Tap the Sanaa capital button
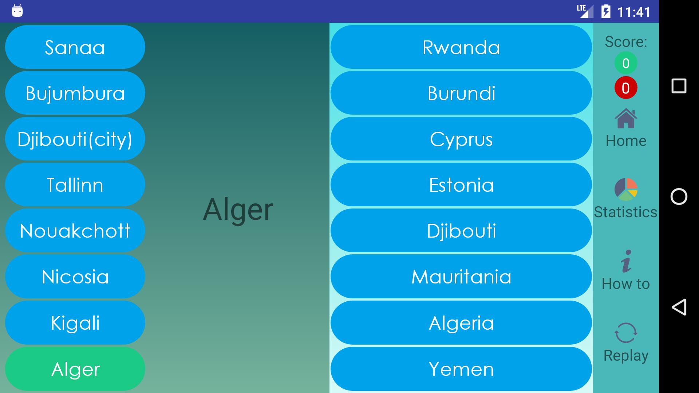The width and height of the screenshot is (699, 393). pos(75,47)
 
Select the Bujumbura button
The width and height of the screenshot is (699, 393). pos(75,93)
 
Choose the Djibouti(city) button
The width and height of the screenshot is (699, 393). pos(75,139)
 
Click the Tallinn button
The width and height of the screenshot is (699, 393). pos(75,184)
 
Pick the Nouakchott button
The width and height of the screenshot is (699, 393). pos(75,230)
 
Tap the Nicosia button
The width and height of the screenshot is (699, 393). pos(75,277)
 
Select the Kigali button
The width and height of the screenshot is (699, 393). pos(75,323)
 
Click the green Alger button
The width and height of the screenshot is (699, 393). pos(75,369)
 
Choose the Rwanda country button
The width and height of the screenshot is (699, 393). pos(461,47)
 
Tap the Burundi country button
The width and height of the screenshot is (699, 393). pos(461,93)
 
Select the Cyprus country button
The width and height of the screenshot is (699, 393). pos(461,139)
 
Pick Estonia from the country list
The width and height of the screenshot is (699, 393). pos(461,184)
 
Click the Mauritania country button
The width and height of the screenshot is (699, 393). pos(461,277)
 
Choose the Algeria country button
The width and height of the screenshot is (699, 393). pos(461,323)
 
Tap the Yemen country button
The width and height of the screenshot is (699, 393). pos(461,369)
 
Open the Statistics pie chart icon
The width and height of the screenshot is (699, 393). pos(626,189)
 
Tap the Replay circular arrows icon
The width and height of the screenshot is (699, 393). pos(626,333)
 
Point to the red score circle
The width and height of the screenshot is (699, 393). pos(626,88)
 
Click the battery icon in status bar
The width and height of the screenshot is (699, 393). pos(606,11)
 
